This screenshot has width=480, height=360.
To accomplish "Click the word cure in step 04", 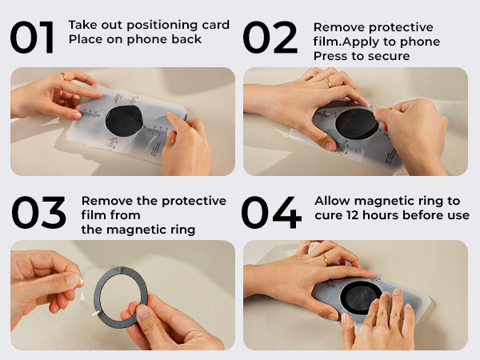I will click(x=328, y=215).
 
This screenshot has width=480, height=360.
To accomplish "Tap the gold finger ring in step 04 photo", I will click(x=326, y=259).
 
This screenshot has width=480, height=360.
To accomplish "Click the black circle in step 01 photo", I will click(x=124, y=119).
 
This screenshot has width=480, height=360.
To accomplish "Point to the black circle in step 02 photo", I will click(x=357, y=126).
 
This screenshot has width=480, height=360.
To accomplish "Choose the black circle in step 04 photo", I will click(x=362, y=298).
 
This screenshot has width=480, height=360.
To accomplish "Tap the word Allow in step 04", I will click(x=332, y=201).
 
